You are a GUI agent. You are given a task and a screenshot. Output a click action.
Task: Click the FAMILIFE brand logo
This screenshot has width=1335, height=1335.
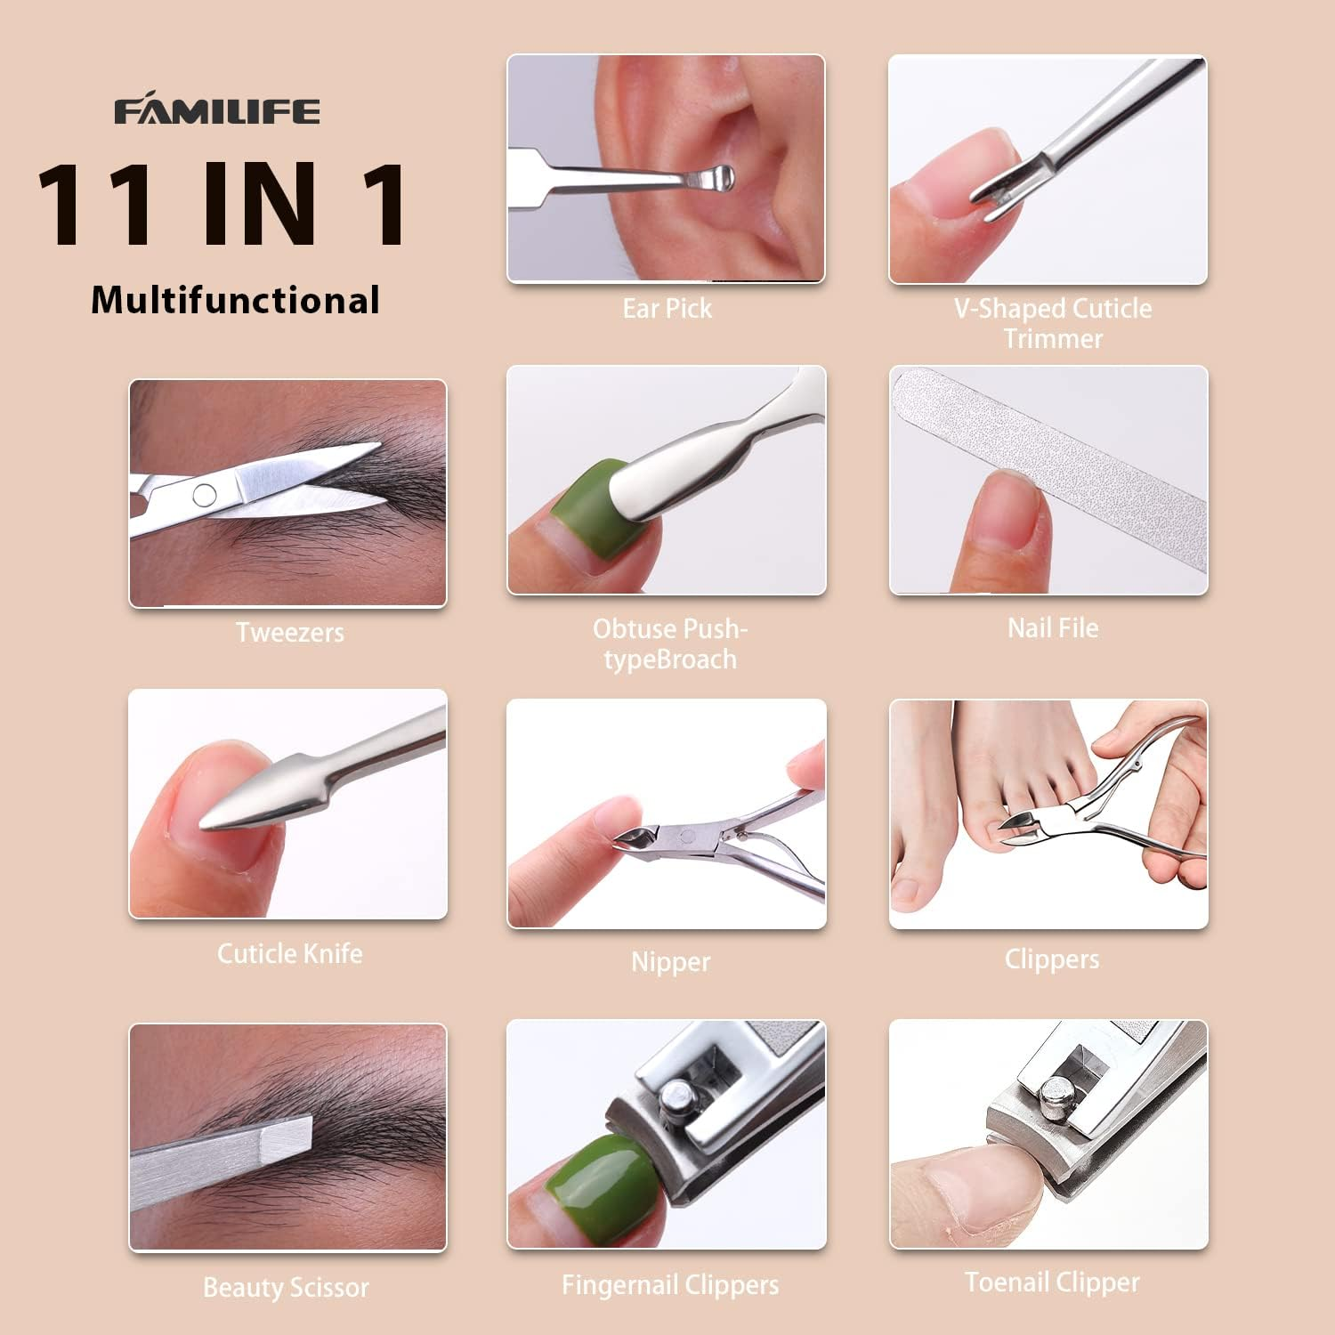pyautogui.click(x=216, y=111)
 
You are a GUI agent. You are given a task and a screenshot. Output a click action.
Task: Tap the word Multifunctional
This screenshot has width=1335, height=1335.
pyautogui.click(x=236, y=301)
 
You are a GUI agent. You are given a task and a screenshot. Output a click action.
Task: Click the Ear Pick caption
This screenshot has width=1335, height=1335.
pyautogui.click(x=667, y=309)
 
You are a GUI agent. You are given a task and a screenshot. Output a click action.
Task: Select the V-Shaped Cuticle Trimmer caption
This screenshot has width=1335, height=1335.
pyautogui.click(x=1053, y=323)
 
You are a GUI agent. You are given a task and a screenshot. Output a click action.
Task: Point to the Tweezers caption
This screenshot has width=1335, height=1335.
pyautogui.click(x=289, y=633)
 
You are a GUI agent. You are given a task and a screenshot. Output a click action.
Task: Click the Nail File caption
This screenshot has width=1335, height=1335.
pyautogui.click(x=1052, y=628)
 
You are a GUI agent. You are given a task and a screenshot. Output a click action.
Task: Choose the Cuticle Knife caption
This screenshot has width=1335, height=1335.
pyautogui.click(x=289, y=954)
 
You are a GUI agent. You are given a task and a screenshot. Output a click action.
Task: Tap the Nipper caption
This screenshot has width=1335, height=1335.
pyautogui.click(x=670, y=962)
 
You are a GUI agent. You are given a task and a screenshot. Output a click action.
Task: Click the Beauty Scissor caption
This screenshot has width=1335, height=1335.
pyautogui.click(x=286, y=1288)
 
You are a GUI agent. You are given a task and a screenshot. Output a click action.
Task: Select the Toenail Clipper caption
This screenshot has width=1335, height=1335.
pyautogui.click(x=1052, y=1282)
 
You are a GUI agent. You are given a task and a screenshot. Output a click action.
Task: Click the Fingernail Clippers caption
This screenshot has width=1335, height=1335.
pyautogui.click(x=670, y=1285)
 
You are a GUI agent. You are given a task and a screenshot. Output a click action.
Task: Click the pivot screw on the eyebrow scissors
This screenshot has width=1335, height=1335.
pyautogui.click(x=205, y=495)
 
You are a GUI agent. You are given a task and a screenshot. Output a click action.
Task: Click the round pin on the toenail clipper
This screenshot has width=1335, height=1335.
pyautogui.click(x=1056, y=1093)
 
